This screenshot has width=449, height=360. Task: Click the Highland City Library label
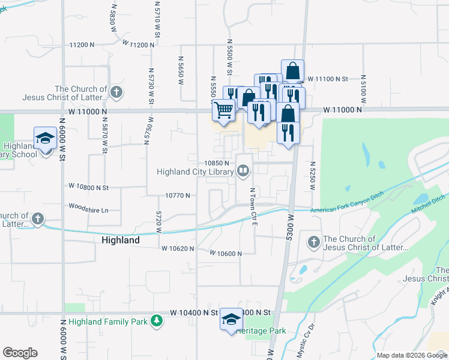tap(194, 172)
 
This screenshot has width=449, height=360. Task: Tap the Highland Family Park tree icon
tap(157, 321)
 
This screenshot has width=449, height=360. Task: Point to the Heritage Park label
tap(261, 331)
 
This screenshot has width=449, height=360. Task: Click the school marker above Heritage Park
tap(231, 319)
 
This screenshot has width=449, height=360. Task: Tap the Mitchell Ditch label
tap(428, 205)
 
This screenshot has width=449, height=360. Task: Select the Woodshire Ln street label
tap(88, 210)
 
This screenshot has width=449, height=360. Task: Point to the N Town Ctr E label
tap(253, 206)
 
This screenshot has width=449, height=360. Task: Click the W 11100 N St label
tap(328, 79)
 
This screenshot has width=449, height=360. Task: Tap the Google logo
tap(20, 353)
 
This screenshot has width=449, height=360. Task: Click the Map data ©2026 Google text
tap(411, 355)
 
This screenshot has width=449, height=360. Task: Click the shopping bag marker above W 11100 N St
tap(292, 71)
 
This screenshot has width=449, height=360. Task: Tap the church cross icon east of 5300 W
tap(313, 242)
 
